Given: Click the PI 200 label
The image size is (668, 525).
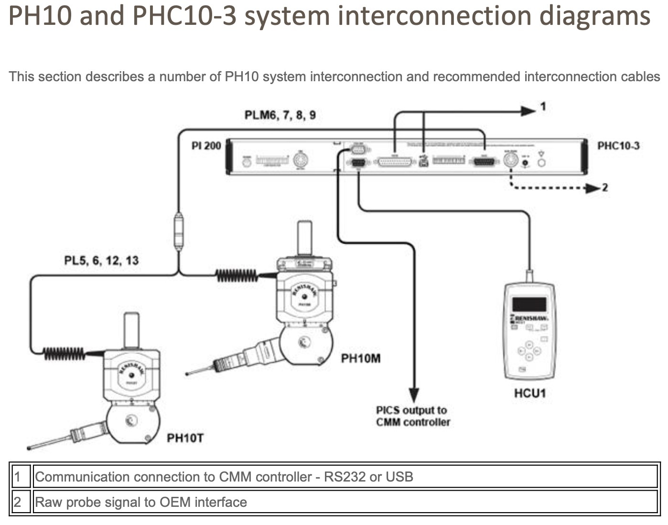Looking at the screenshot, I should tap(206, 146).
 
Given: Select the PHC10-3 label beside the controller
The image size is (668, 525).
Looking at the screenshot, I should tap(618, 146).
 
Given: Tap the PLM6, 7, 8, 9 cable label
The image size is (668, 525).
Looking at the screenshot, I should tap(280, 115).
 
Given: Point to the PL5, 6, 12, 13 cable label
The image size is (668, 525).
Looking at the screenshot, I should tap(101, 260).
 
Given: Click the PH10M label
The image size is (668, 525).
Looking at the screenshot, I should tap(361, 358).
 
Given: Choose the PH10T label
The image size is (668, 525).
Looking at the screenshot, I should tap(185, 438).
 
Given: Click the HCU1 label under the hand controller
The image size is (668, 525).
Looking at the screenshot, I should tap(529, 393).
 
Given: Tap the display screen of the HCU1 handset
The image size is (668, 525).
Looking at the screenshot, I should tap(529, 304).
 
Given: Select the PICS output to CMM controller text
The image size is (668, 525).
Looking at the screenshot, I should tap(413, 416).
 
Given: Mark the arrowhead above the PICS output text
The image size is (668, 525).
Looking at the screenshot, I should tap(414, 394).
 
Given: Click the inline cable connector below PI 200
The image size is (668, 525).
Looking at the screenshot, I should tap(178, 232).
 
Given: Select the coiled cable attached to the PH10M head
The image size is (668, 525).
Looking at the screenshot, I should tap(236, 275).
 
